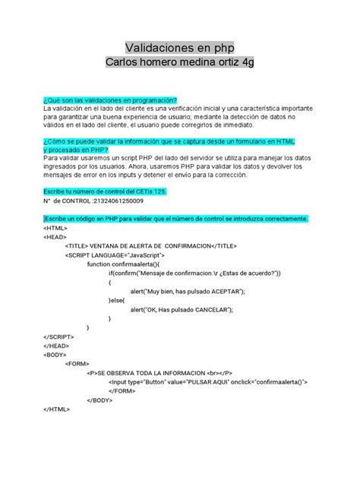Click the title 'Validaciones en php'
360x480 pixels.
coord(179,48)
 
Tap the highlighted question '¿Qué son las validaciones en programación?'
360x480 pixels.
coord(109,100)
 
